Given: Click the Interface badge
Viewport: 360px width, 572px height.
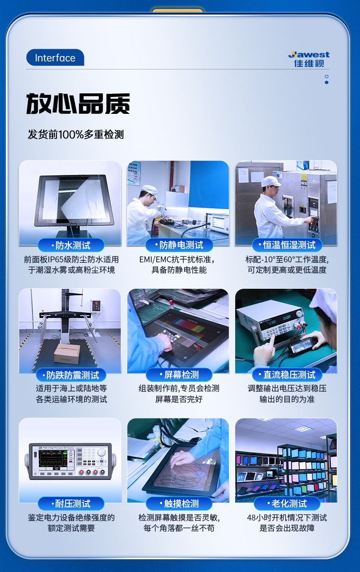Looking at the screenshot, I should (x=55, y=58).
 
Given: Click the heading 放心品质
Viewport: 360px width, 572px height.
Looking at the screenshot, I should (x=78, y=104).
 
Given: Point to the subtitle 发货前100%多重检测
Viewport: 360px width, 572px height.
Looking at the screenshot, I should (x=76, y=135).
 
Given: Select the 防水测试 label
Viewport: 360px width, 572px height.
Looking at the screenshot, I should (x=71, y=245).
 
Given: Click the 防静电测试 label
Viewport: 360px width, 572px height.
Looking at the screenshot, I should (x=179, y=245).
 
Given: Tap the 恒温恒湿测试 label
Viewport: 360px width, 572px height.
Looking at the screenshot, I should (x=287, y=245).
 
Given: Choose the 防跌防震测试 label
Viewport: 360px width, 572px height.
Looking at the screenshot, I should (x=71, y=375).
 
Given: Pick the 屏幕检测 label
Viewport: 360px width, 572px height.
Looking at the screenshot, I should (x=179, y=375).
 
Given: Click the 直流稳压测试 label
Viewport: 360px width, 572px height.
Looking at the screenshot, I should (x=287, y=375).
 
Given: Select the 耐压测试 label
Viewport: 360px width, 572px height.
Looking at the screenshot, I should (x=71, y=504).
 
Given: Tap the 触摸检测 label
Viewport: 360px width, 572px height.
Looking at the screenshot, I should (x=179, y=504).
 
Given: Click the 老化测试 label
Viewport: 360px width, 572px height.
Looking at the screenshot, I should (x=287, y=504).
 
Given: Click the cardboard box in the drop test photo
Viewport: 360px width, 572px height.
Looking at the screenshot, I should (x=67, y=353).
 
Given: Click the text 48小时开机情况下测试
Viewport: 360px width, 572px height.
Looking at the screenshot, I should (x=287, y=518).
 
